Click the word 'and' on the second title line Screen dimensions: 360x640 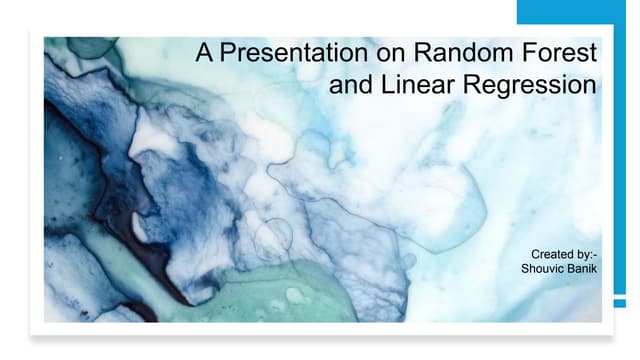coord(349,86)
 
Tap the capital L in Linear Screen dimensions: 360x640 coord(386,86)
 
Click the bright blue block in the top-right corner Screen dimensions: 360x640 coord(578,12)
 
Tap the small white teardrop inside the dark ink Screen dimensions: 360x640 coord(139,229)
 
